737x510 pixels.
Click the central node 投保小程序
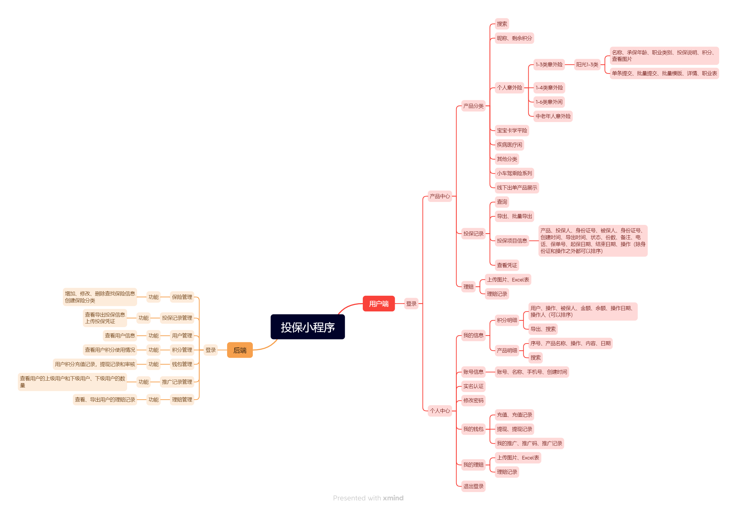(x=307, y=327)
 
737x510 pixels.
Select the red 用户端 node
(x=378, y=303)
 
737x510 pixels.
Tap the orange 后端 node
(x=240, y=350)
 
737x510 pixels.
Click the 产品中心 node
(x=440, y=196)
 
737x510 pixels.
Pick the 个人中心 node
(x=440, y=411)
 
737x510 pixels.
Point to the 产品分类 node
(x=473, y=106)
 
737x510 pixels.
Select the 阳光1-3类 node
(x=587, y=65)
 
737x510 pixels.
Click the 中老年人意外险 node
(x=553, y=116)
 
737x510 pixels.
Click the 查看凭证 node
(x=507, y=265)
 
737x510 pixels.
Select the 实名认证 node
(x=473, y=386)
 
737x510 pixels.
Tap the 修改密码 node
(x=473, y=400)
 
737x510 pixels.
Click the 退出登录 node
(x=473, y=486)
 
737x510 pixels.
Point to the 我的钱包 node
(x=473, y=429)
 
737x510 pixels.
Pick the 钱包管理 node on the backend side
(x=182, y=364)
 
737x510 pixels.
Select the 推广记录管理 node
(x=177, y=382)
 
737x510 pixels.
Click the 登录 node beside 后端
(x=211, y=350)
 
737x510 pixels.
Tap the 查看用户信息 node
(x=120, y=335)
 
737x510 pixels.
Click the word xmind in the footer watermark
(x=393, y=498)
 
